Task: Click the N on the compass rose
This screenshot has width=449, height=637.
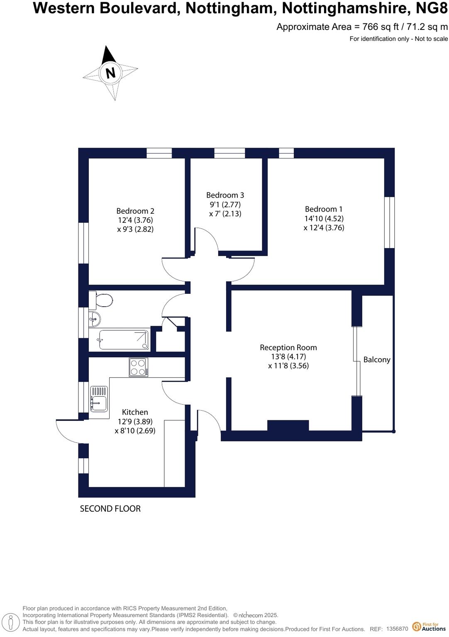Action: click(110, 73)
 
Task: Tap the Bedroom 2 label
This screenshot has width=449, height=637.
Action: click(135, 211)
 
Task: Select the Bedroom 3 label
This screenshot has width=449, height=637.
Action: click(225, 195)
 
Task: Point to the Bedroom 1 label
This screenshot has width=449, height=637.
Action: click(324, 209)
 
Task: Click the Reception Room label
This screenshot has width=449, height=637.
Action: click(288, 348)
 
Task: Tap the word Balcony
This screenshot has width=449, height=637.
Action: click(377, 360)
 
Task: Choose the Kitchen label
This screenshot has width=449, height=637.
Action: click(135, 412)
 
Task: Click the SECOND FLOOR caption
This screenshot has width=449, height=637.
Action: click(110, 509)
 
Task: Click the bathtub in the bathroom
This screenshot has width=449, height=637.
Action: click(123, 340)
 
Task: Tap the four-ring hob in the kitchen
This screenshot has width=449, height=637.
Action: click(138, 367)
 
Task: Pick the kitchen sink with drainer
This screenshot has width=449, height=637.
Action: click(99, 399)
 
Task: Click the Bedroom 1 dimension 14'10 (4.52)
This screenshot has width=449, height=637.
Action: click(324, 218)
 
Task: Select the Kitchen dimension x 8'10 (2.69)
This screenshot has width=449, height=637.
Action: click(135, 431)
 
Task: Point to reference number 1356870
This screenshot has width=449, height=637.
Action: click(397, 629)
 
